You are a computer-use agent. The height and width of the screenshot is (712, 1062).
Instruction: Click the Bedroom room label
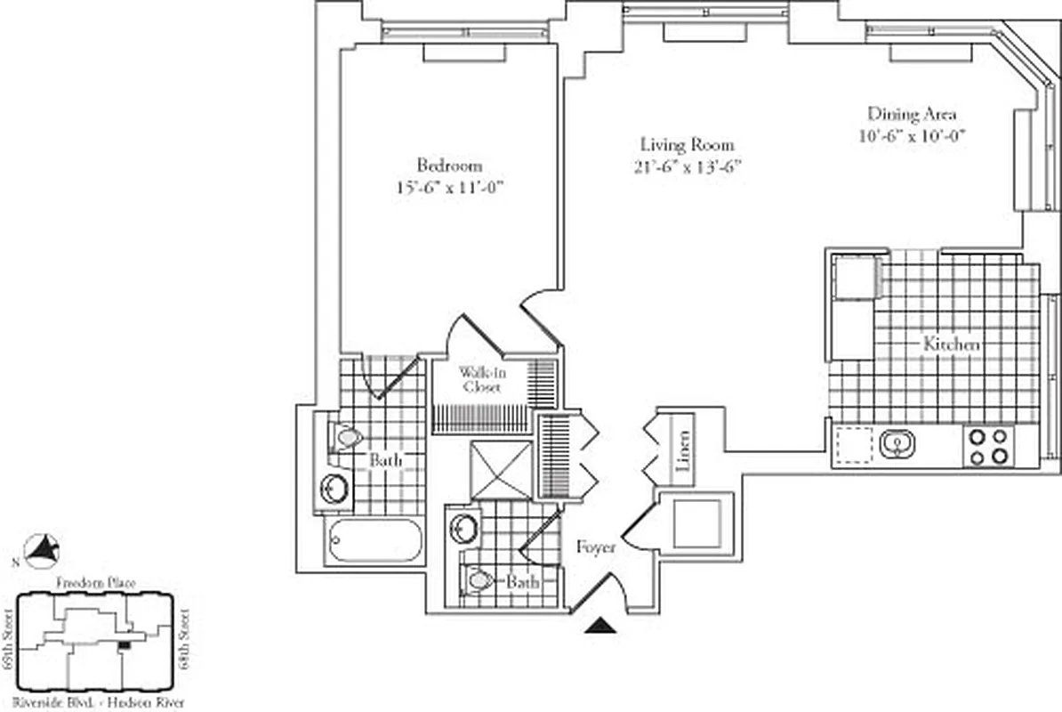449,166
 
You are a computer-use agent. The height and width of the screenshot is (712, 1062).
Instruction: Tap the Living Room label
688,144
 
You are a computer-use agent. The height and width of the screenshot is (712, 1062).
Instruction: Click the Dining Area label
912,114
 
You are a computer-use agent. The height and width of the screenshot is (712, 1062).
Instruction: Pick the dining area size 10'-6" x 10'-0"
912,136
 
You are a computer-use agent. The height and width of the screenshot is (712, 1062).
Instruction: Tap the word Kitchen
951,344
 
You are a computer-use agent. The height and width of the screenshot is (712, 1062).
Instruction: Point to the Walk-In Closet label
479,379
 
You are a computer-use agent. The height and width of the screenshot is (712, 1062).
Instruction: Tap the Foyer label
596,547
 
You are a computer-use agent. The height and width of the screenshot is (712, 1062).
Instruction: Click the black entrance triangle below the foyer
602,626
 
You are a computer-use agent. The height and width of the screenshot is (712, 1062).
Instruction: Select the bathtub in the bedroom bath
374,541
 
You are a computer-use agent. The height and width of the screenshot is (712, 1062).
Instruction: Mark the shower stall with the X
501,469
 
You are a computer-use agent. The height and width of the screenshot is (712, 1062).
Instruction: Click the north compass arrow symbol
41,551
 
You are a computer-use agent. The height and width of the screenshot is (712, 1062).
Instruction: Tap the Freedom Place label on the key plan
95,583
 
